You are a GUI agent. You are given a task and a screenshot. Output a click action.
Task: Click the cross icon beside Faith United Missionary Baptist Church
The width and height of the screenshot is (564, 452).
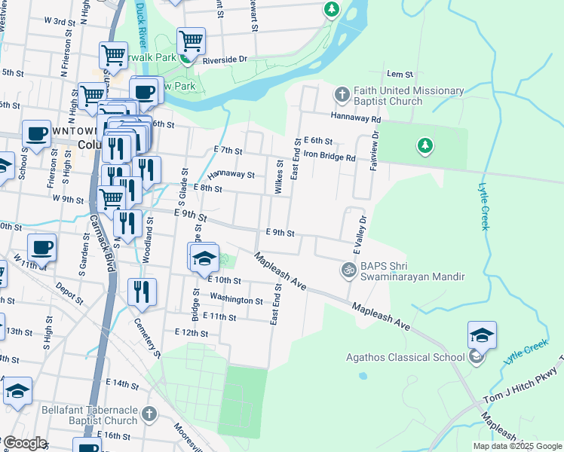341,95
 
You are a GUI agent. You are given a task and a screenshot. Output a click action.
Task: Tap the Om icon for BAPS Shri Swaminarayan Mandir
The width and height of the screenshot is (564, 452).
348,269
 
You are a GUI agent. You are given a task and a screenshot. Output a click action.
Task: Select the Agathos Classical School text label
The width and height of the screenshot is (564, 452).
406,357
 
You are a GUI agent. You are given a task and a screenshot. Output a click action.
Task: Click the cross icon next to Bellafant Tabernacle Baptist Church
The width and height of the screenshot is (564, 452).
149,414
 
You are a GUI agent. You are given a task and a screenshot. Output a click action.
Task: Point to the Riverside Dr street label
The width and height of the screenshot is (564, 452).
225,59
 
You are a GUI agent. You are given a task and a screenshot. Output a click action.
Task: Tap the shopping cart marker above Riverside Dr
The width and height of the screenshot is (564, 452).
192,41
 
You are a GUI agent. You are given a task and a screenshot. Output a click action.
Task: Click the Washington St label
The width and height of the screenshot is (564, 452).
236,300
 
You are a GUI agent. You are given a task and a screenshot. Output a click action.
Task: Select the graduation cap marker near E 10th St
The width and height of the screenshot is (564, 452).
202,257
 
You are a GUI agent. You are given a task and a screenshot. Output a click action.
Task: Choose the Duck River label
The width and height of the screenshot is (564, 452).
140,20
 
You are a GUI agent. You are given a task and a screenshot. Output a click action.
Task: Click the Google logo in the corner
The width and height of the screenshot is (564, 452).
24,443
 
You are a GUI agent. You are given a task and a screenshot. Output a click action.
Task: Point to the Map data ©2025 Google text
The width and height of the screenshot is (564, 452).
516,446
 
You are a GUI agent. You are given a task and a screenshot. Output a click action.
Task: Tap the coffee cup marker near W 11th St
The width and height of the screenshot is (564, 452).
41,247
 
